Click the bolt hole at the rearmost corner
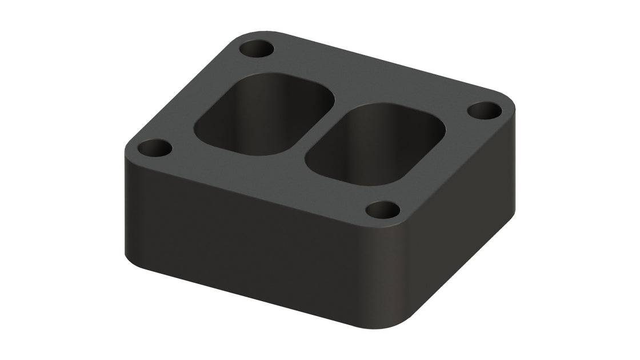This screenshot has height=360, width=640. pos(256,49)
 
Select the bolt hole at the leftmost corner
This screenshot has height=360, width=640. pos(155,149)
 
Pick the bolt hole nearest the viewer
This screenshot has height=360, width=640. pos(382,210)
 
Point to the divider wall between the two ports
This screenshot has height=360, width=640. pos(320,126)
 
